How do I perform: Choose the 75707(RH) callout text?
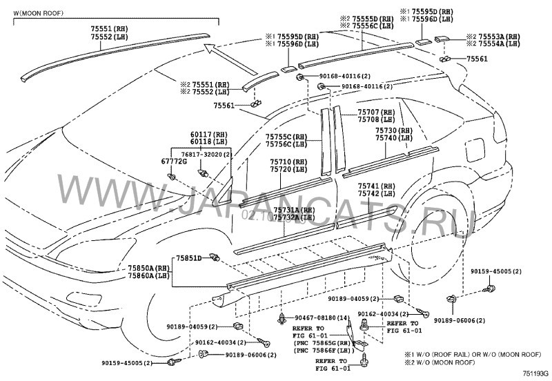[375, 112]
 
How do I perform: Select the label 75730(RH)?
[394, 130]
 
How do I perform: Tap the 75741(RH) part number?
[377, 186]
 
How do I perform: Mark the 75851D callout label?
[188, 257]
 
